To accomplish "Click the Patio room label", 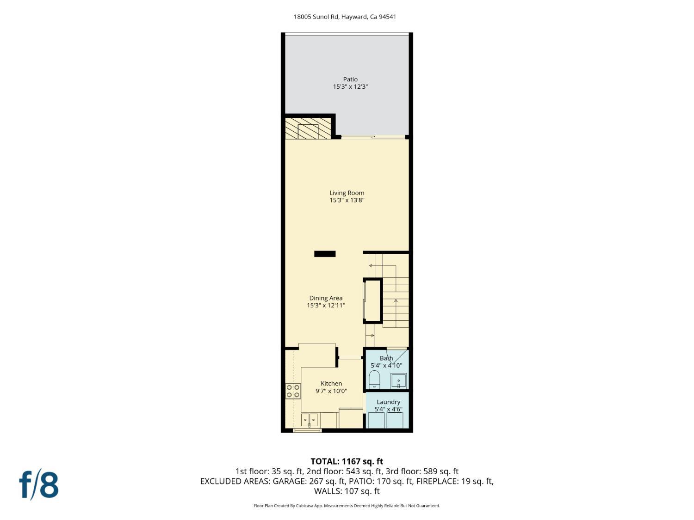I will coord(350,79).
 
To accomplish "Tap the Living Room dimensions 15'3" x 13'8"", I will coord(347,200).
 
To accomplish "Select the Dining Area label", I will coord(326,298).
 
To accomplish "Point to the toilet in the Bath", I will coord(374,380).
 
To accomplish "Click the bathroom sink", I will coord(398,381).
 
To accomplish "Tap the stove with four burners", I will coord(293,391).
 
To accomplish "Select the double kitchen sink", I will coord(310,420).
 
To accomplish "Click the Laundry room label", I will coord(388,402).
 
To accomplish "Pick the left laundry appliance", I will coord(376,420).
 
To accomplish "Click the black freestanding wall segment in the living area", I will coord(325,254).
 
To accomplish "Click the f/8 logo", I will coord(39,484).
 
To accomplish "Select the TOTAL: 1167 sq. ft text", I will coord(347,461).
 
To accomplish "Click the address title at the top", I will coord(345,17).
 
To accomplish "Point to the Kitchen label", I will coord(331,384).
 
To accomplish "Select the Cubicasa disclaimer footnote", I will coord(347,506).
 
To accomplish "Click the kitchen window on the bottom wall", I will coord(307,430).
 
